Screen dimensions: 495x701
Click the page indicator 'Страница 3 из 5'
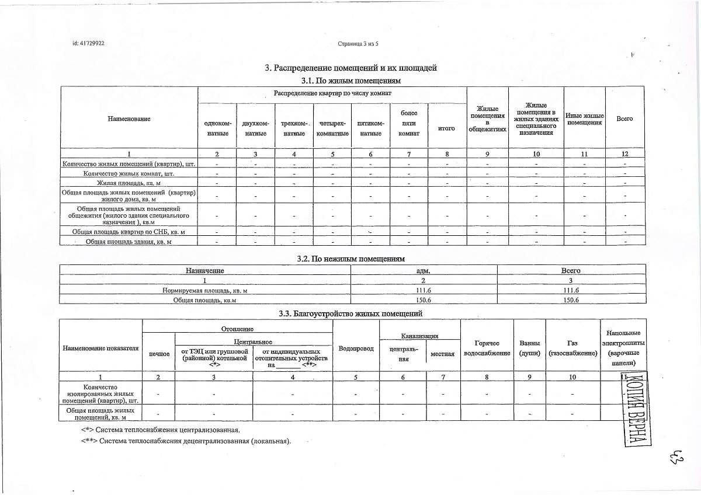(x=358, y=44)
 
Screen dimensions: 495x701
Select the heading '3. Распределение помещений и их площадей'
(x=351, y=68)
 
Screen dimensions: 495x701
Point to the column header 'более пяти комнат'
(x=409, y=123)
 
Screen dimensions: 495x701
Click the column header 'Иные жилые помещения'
(x=585, y=119)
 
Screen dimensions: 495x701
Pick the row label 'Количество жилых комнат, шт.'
(x=129, y=174)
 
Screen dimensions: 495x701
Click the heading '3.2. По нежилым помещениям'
(x=351, y=258)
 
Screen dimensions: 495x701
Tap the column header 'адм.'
(x=424, y=271)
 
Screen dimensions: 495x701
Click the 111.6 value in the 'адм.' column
(x=424, y=290)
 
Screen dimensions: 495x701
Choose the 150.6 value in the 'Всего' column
(x=570, y=300)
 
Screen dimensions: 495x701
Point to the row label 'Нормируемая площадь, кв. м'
(x=204, y=290)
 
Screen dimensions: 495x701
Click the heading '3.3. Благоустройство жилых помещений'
(x=351, y=314)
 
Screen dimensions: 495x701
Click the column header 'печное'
(x=159, y=354)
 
